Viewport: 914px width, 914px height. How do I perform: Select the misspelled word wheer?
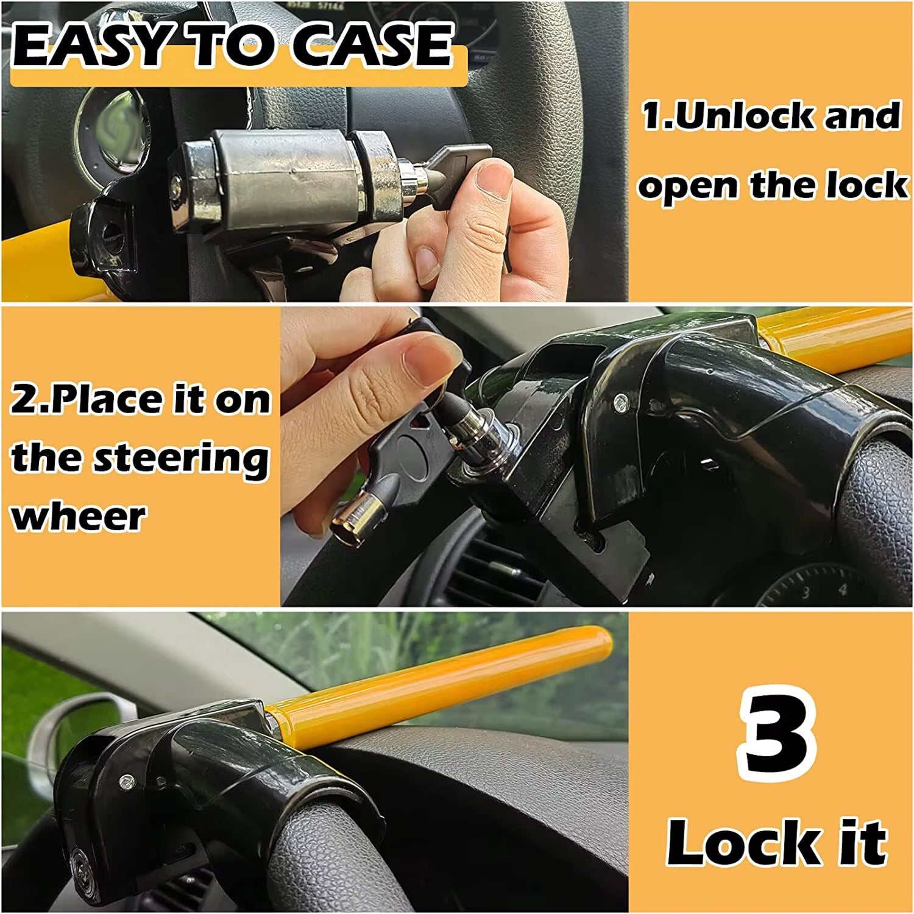(78, 517)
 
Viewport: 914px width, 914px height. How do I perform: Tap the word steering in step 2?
(183, 459)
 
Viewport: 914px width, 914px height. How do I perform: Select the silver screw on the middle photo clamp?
(620, 400)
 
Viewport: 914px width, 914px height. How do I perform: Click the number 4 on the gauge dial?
(843, 589)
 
